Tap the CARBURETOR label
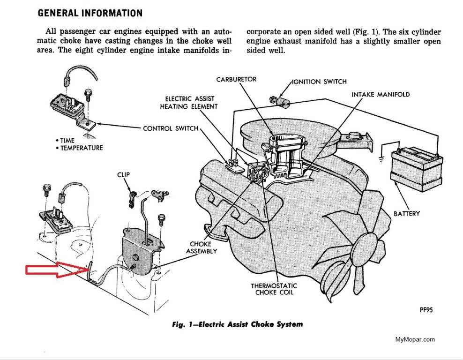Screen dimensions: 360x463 [x=236, y=79]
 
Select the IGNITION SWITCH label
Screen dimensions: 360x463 [x=319, y=82]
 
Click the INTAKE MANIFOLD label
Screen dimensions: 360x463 [x=381, y=94]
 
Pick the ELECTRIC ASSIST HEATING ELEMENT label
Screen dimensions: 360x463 [x=191, y=103]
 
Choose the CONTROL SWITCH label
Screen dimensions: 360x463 [x=171, y=128]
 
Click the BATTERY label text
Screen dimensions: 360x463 [x=406, y=214]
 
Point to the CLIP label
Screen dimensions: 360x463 [x=124, y=174]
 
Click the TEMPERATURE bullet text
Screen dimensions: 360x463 [x=81, y=148]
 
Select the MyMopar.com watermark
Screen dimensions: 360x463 [x=415, y=339]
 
